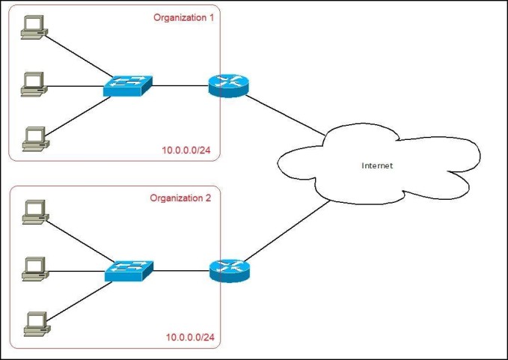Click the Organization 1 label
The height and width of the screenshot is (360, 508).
[184, 17]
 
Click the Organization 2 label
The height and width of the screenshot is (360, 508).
[180, 198]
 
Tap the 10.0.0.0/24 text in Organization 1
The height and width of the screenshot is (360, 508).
[186, 150]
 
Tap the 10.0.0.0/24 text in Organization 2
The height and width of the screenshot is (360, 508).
[190, 338]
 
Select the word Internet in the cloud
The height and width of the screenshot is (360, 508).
[377, 165]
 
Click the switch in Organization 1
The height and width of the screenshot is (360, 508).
[128, 86]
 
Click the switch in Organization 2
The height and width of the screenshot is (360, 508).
[129, 271]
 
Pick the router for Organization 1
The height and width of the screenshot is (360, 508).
[228, 86]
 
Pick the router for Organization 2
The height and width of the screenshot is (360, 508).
[230, 271]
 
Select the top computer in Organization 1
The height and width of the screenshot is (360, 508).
[34, 27]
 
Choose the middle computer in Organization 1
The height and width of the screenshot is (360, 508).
[34, 85]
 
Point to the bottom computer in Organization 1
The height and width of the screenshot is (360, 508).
[36, 139]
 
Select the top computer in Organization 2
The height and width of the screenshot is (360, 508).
[36, 213]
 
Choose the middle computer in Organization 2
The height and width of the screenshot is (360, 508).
[35, 269]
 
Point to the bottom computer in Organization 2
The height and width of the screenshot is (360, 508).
[37, 324]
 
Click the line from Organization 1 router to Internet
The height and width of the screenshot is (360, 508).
[285, 115]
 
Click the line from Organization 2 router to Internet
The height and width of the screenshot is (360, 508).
[287, 231]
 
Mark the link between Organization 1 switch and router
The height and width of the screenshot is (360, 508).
[180, 86]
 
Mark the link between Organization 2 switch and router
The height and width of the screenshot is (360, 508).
[181, 271]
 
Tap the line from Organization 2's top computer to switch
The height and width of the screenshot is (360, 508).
[80, 242]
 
